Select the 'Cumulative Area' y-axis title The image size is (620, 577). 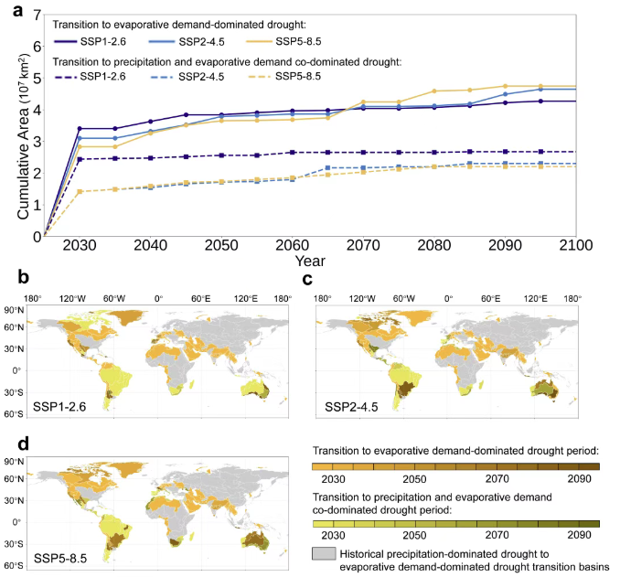(x=13, y=125)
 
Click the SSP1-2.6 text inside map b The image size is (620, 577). (x=59, y=403)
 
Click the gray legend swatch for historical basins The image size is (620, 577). (x=323, y=555)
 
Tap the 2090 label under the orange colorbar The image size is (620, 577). (x=579, y=479)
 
